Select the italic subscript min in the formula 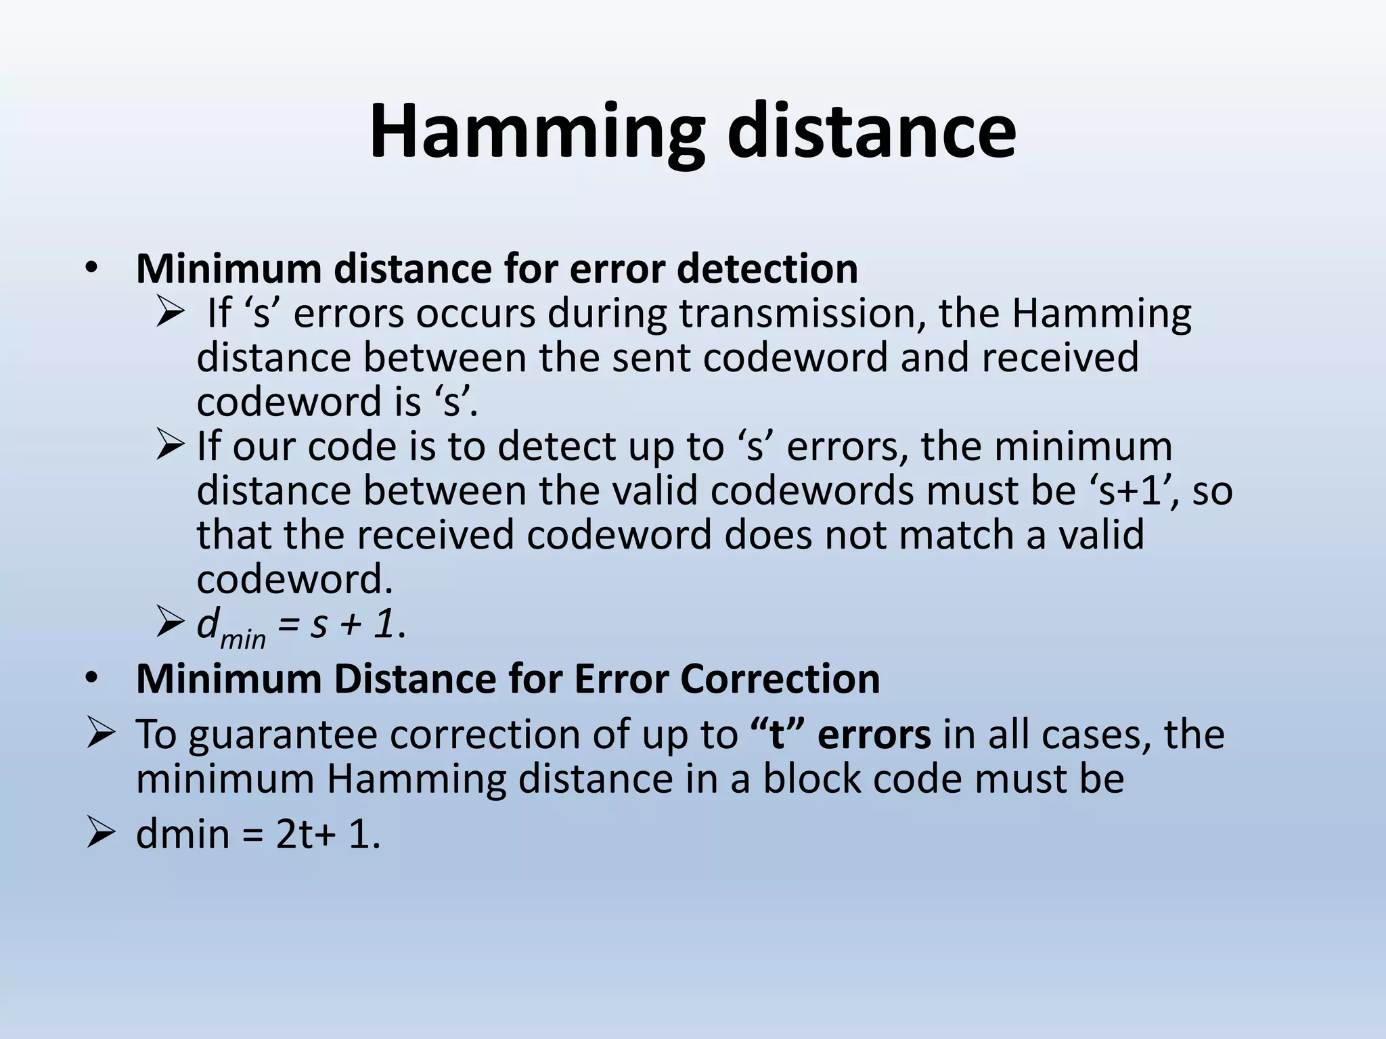(x=243, y=638)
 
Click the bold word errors (x=874, y=735)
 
